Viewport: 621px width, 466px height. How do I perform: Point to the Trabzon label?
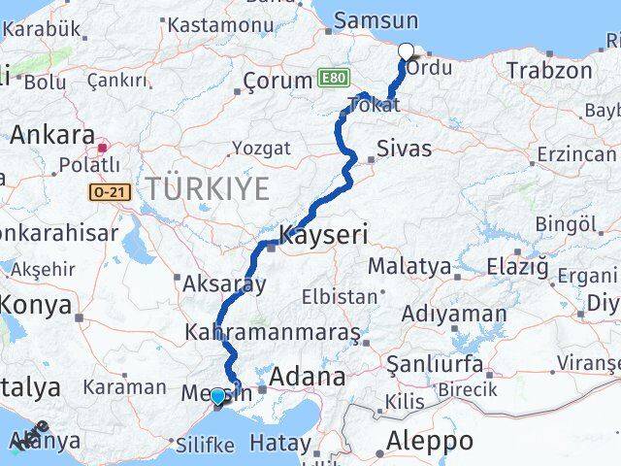click(549, 70)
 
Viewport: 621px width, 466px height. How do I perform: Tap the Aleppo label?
click(430, 440)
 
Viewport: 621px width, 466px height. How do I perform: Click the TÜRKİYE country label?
click(207, 189)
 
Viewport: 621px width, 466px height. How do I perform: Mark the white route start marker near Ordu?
click(406, 51)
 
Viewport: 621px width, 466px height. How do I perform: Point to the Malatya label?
click(409, 265)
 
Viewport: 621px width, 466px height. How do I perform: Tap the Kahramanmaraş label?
click(267, 332)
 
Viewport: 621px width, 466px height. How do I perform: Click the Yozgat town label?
click(261, 149)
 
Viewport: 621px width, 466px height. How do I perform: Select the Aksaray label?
click(225, 284)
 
